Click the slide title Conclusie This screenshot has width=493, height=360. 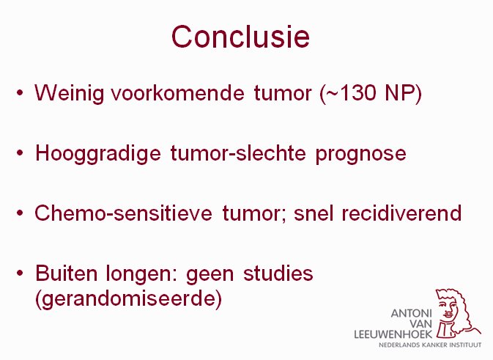240,37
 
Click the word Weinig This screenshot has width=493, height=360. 69,93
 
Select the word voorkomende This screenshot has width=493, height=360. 177,92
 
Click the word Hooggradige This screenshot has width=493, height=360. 97,154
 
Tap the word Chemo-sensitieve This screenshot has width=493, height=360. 123,213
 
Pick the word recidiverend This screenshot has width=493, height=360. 401,213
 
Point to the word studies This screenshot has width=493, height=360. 278,273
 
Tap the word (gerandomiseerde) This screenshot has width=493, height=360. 129,299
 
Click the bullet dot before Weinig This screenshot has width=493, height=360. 20,93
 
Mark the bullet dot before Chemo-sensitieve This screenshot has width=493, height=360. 20,213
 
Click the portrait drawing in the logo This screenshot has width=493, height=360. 456,313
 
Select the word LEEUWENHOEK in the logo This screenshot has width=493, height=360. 393,334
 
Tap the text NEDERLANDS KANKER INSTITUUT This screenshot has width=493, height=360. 430,345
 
